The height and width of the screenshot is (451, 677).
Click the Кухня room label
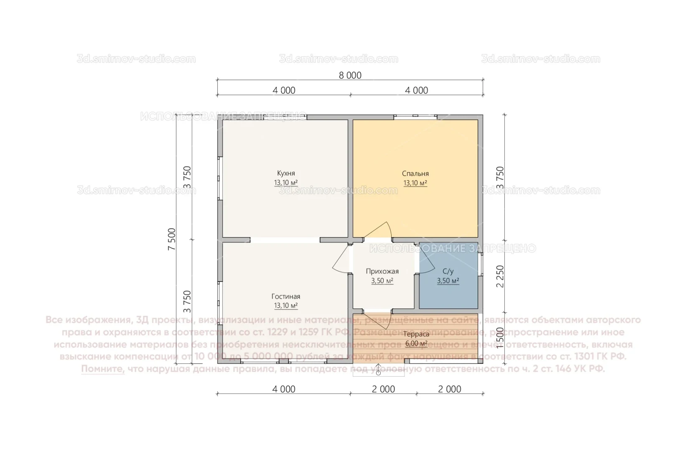point(286,173)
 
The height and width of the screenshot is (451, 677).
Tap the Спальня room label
point(415,173)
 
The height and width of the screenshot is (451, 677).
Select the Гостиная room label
point(286,296)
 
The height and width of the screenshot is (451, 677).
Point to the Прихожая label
point(382,271)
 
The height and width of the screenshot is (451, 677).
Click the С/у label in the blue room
point(448,271)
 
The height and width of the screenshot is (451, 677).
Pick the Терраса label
point(416,334)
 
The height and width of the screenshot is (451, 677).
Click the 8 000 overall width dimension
point(350,76)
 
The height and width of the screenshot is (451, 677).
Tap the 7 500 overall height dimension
point(172,239)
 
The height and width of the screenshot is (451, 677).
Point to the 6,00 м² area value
point(416,344)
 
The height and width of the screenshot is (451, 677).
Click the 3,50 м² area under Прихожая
point(382,281)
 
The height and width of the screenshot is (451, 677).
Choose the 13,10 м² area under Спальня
point(415,183)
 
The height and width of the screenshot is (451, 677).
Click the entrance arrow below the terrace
point(379,370)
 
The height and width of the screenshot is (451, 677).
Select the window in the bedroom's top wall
point(415,117)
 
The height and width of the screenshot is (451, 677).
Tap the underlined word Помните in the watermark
point(103,369)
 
